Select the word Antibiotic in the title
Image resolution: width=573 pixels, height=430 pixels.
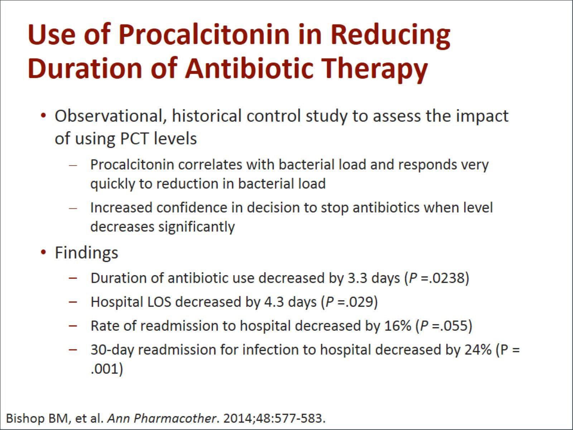(x=250, y=68)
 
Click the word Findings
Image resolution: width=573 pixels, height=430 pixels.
(x=86, y=253)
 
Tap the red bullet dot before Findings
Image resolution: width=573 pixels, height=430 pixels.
(x=43, y=253)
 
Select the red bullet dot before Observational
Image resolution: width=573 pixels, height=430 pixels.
(x=43, y=115)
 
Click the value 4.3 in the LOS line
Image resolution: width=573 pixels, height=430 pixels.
(x=274, y=302)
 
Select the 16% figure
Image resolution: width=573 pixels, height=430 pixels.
(x=398, y=326)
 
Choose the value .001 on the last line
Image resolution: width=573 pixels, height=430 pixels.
(x=104, y=369)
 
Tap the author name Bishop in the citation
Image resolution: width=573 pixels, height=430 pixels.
(x=25, y=419)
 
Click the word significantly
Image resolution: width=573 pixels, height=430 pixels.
(x=197, y=227)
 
